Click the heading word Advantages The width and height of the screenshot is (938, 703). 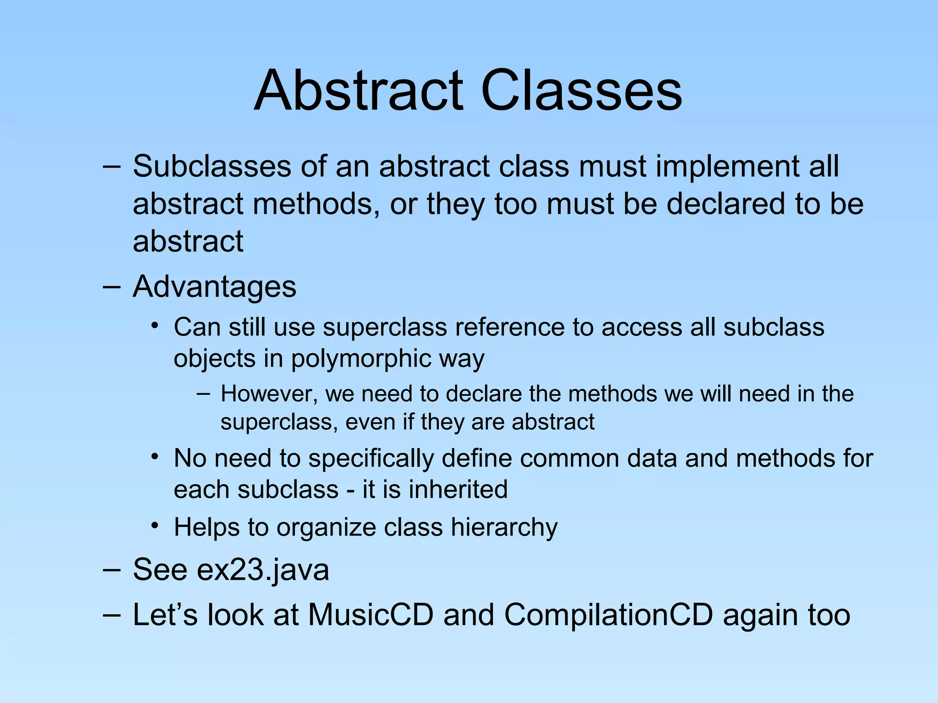[x=214, y=287]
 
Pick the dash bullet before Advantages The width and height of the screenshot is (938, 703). [x=112, y=287]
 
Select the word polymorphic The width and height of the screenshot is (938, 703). [x=361, y=358]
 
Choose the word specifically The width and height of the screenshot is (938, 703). [x=371, y=458]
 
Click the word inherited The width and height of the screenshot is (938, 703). [x=458, y=489]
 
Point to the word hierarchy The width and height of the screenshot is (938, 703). [x=504, y=527]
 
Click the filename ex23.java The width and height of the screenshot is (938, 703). [x=263, y=570]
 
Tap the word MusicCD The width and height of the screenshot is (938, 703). [x=371, y=615]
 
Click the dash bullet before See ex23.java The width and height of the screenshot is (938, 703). [x=112, y=570]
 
